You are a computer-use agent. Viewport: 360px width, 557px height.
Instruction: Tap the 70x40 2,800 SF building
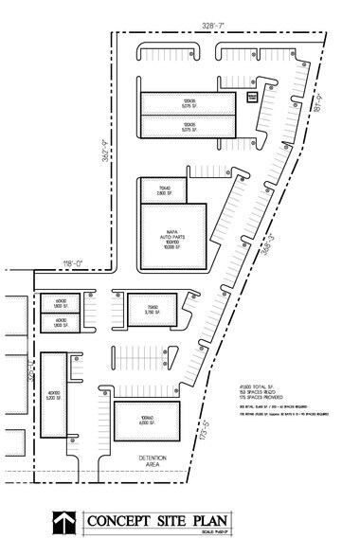(x=156, y=189)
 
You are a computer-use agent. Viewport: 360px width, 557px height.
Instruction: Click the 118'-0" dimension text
(x=73, y=262)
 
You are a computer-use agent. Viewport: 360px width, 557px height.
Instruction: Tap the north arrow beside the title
(x=63, y=523)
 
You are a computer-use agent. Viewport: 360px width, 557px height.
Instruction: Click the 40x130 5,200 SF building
(x=53, y=396)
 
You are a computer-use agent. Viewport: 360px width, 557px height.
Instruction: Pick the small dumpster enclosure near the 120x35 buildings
(x=252, y=97)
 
